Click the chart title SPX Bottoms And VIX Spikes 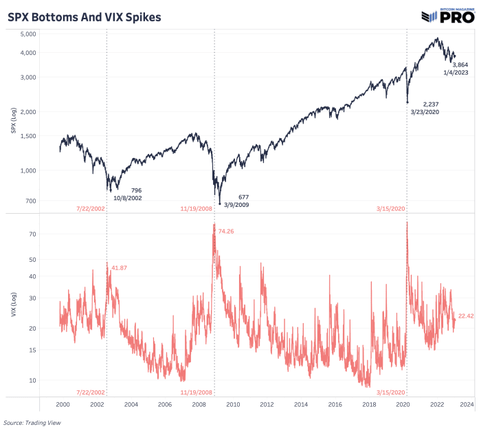[x=85, y=16]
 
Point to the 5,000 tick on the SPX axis [x=45, y=34]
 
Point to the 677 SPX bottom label [x=243, y=197]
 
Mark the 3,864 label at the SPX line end [x=460, y=64]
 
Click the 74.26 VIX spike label [x=227, y=232]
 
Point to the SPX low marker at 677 [x=220, y=203]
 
